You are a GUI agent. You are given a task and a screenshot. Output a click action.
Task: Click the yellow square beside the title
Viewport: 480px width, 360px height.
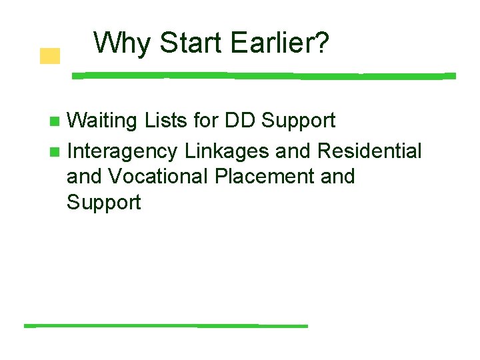tap(49, 56)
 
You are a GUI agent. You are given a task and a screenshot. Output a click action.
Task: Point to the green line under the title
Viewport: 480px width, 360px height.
tap(263, 76)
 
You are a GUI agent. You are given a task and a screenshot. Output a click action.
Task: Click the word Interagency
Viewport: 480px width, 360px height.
tap(122, 152)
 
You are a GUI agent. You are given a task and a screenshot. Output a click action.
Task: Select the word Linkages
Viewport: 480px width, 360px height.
tap(227, 152)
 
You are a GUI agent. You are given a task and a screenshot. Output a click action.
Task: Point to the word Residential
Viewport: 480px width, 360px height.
tap(369, 151)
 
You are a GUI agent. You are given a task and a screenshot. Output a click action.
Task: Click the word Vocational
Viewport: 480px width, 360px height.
tap(159, 177)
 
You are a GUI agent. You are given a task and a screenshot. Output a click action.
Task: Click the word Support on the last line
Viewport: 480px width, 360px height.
tap(103, 203)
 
